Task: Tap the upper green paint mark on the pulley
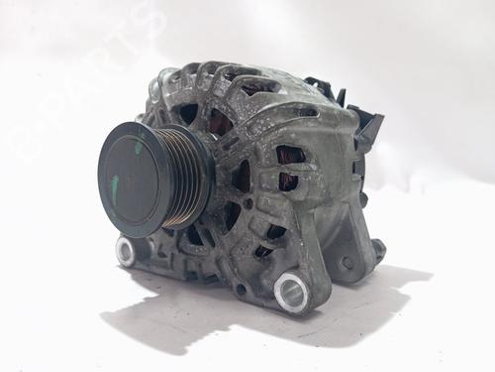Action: [137, 147]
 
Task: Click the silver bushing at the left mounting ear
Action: [126, 250]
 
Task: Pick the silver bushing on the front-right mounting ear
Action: [291, 291]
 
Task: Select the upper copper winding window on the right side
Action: [289, 156]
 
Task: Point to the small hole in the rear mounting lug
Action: [347, 263]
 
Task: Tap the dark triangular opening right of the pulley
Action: [241, 179]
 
